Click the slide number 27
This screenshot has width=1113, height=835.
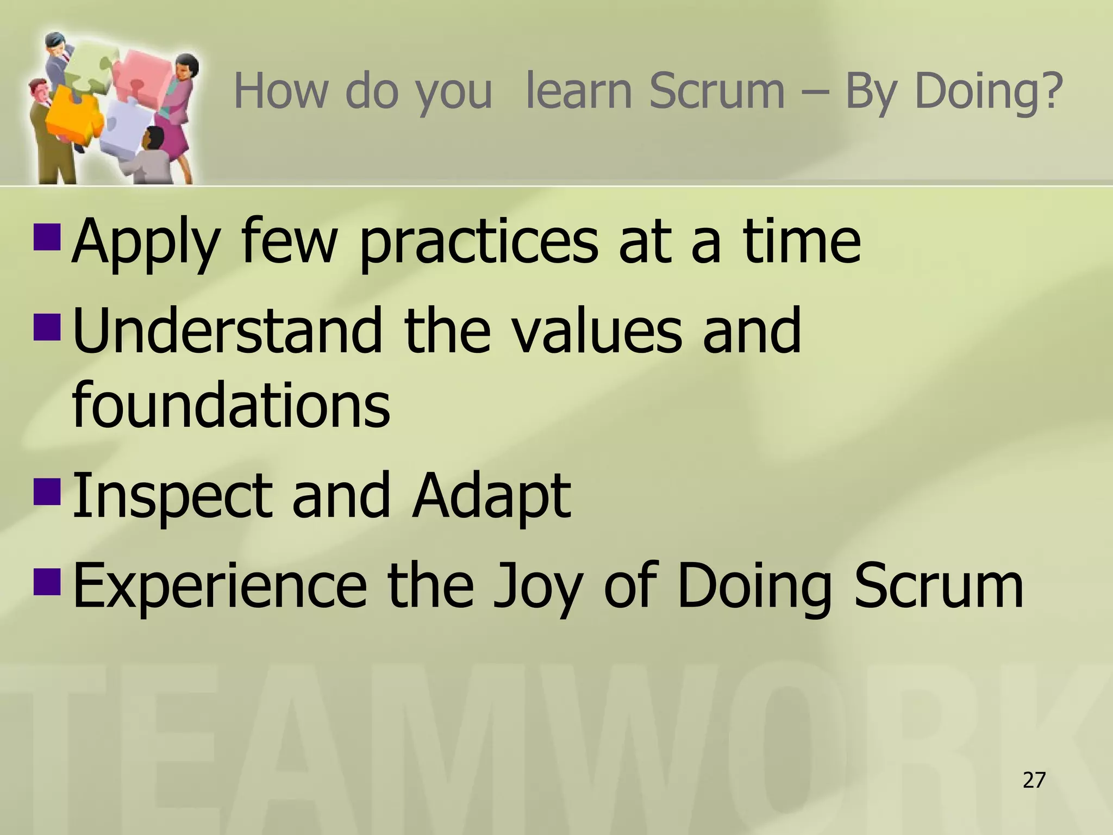pos(1034,781)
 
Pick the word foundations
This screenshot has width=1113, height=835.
pos(231,404)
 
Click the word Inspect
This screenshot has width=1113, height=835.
pos(172,496)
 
